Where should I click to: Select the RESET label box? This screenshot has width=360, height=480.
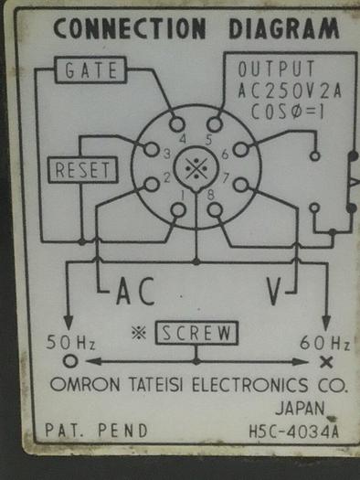point(81,170)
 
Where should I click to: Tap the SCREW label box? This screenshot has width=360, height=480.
point(197,334)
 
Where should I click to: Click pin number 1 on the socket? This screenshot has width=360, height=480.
point(178,208)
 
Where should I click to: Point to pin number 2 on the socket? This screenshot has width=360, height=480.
point(151,185)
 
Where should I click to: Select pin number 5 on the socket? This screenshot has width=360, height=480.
point(214,124)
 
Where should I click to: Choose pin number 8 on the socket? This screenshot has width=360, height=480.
point(214,208)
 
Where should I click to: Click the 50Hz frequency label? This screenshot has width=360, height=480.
point(71,344)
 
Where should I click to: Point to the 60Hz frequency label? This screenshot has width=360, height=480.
point(325,344)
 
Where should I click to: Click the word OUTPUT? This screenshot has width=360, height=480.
point(276,69)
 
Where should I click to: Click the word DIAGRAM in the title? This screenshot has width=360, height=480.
point(274,28)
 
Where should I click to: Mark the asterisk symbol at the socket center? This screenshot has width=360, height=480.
point(195,167)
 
